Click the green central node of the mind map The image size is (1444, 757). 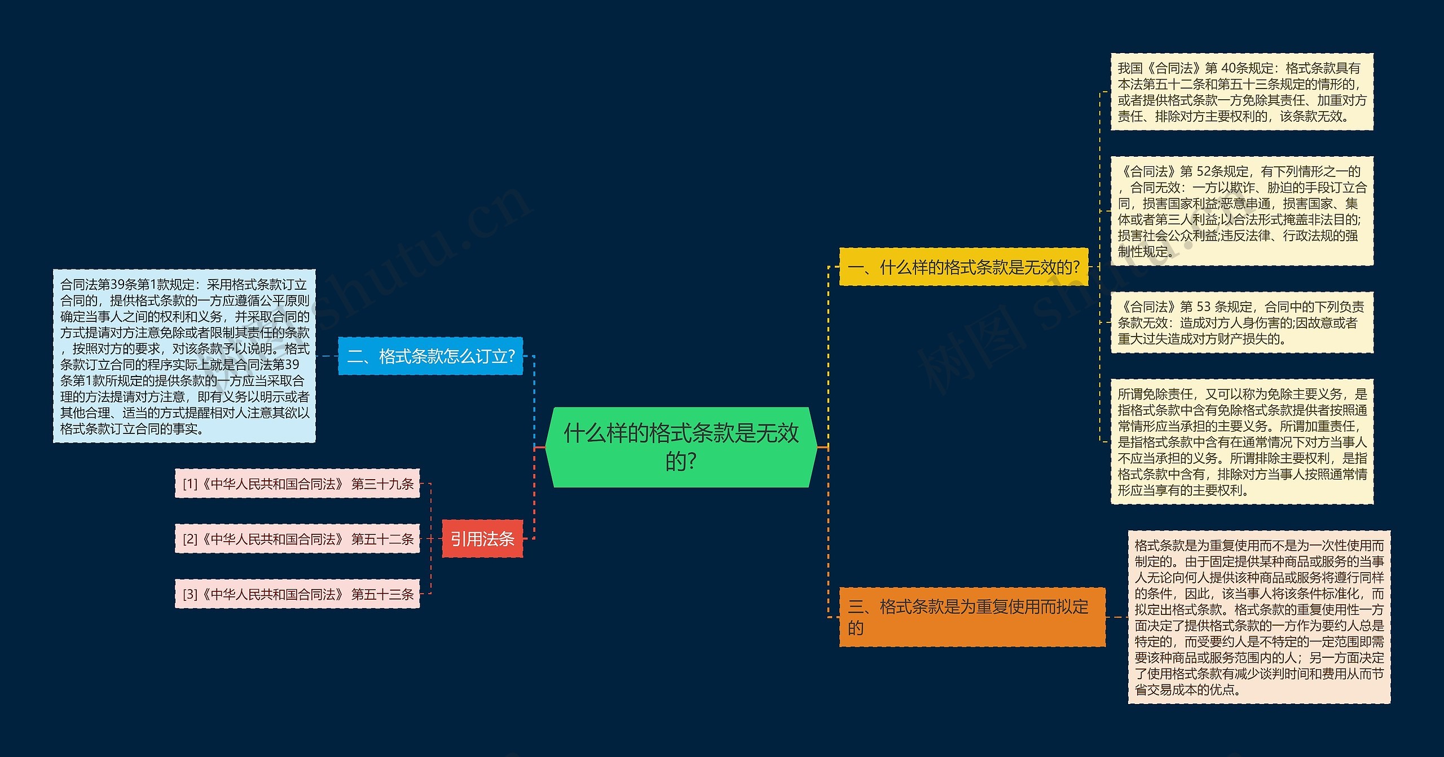click(681, 446)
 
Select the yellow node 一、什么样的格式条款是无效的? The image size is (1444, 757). click(963, 267)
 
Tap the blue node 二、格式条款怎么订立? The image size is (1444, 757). click(430, 356)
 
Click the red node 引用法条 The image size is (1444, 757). click(482, 539)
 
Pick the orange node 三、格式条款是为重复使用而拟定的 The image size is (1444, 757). click(972, 617)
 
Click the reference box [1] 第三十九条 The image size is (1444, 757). click(297, 484)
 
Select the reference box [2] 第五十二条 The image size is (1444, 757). click(297, 539)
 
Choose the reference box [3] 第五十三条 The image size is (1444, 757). click(297, 594)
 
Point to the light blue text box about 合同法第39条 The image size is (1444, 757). click(184, 356)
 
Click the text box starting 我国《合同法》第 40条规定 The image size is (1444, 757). click(1242, 92)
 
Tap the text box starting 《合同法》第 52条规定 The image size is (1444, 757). click(1242, 211)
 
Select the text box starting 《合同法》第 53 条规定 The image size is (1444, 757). click(1242, 322)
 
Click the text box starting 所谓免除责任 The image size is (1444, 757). click(1242, 442)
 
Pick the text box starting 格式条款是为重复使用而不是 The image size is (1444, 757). click(1259, 617)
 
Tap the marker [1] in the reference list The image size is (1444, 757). click(190, 484)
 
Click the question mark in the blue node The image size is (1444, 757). click(511, 356)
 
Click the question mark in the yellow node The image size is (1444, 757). click(1075, 267)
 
